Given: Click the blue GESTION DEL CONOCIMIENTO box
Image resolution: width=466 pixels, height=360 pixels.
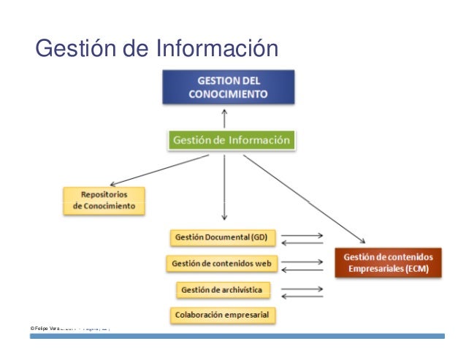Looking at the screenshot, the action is click(x=228, y=87).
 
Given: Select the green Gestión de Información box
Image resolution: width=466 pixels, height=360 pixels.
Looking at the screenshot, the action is click(x=232, y=139).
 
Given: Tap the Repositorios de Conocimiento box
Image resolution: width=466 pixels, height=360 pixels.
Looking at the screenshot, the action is click(x=104, y=201).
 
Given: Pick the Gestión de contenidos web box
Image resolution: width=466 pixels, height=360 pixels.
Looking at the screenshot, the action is click(x=222, y=263).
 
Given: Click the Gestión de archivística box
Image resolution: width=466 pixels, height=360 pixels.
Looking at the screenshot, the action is click(x=224, y=289).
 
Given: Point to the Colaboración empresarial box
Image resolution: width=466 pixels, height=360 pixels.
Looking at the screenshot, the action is click(x=222, y=315).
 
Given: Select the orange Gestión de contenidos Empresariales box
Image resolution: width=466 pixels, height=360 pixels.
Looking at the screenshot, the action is click(x=389, y=263).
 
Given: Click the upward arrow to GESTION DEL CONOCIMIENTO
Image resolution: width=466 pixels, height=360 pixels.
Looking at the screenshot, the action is click(x=226, y=118).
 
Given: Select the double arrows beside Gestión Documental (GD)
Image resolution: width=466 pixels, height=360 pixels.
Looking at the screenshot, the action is click(x=302, y=240).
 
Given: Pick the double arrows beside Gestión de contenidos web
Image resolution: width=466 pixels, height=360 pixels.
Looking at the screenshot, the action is click(x=302, y=264).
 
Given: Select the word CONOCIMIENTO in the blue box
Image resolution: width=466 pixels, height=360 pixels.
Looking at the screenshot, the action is click(x=228, y=94).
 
